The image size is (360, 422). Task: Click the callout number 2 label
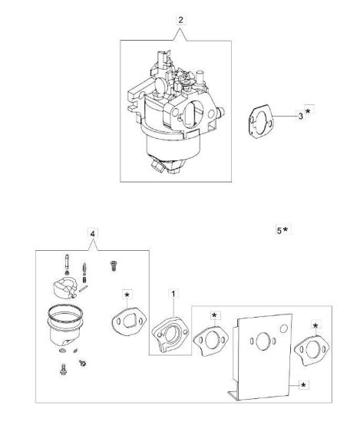(180, 20)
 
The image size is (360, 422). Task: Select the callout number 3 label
(300, 117)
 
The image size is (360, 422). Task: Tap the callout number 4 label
(93, 234)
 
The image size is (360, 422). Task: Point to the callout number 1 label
(173, 294)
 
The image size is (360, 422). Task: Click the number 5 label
(279, 230)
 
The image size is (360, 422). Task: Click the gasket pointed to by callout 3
(260, 122)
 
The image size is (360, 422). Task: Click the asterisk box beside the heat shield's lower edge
(303, 385)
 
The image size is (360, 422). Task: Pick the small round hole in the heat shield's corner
(284, 328)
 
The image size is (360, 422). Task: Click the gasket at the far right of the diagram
(312, 350)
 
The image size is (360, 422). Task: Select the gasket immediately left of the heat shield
(211, 341)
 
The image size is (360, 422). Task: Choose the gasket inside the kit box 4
(129, 321)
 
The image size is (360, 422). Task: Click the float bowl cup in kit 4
(65, 325)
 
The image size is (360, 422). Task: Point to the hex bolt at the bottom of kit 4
(63, 369)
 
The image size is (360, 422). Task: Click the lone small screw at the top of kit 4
(114, 265)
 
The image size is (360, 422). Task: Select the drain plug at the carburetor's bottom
(158, 164)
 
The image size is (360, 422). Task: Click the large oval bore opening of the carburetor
(192, 114)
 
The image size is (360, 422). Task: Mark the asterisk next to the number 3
(309, 111)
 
